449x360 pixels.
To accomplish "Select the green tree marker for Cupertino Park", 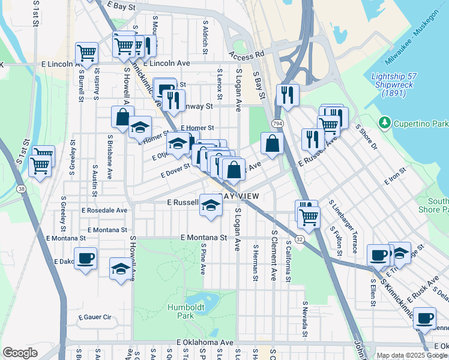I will [x=385, y=123].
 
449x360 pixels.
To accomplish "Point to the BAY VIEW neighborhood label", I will [x=241, y=197].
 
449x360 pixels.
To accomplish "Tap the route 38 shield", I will [x=22, y=189].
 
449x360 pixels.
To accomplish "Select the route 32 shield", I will [x=299, y=238].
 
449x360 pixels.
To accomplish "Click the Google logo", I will [x=20, y=352].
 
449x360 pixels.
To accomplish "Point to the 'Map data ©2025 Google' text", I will [x=412, y=355].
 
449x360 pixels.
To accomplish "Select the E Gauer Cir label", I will [x=95, y=317].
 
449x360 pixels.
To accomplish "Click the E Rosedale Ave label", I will [x=104, y=211].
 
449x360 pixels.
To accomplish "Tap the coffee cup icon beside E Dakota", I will [x=85, y=258].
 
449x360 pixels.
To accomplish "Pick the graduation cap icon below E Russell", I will [x=211, y=206].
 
